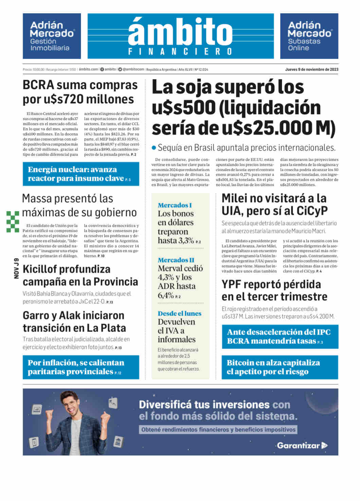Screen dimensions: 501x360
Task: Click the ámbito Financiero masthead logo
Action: [180, 36]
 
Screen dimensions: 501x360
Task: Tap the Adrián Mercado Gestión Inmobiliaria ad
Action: [52, 36]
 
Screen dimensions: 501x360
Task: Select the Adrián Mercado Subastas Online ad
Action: [309, 36]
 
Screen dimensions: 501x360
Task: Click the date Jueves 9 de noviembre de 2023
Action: [311, 69]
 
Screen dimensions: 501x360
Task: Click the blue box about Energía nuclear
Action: [81, 174]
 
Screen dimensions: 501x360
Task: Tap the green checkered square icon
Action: [13, 222]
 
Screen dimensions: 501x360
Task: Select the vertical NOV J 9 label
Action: [16, 269]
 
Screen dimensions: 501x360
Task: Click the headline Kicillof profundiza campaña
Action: [80, 275]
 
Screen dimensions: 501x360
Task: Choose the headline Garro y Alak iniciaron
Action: [74, 322]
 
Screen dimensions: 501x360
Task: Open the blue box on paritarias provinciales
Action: [81, 367]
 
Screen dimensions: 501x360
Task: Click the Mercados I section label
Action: [175, 205]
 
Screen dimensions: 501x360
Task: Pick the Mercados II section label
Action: [176, 260]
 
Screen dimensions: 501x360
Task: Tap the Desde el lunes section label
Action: [179, 313]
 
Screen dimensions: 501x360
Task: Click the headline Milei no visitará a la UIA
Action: [274, 204]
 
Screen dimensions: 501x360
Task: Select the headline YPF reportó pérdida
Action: [274, 290]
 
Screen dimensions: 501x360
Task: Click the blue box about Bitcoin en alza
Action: [280, 367]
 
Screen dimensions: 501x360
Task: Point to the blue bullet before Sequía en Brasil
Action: [154, 148]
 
